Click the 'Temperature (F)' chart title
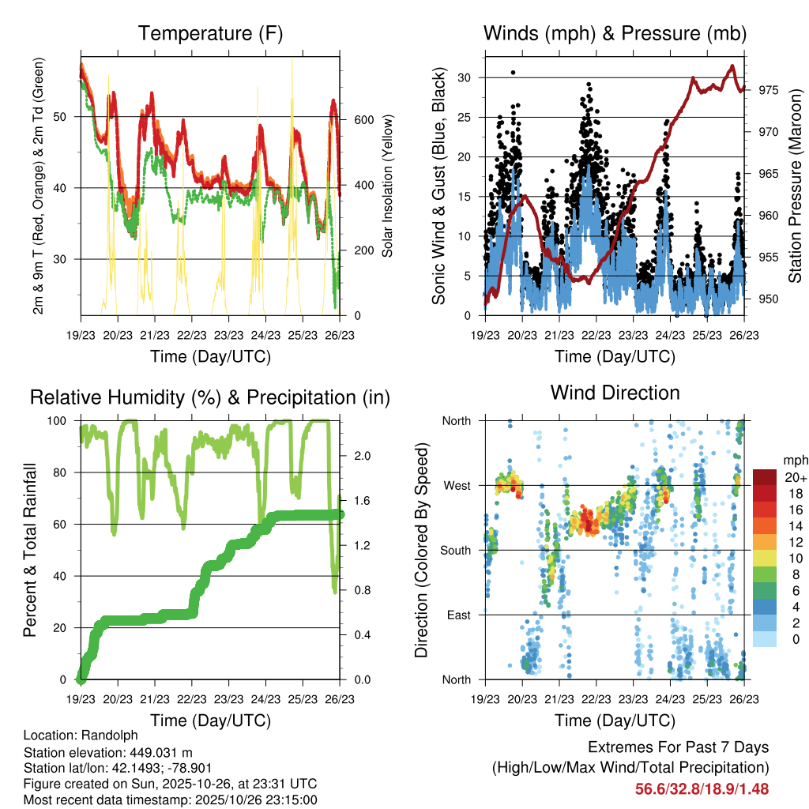pos(210,33)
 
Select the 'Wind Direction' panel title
pos(615,393)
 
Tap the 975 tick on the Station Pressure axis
pos(768,90)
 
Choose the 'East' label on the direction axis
pos(458,615)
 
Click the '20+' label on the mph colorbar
pos(793,477)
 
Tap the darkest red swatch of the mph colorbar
pos(764,477)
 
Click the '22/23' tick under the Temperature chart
pos(192,335)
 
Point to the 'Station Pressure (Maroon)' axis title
pos(796,186)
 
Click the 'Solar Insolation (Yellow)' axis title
pos(388,186)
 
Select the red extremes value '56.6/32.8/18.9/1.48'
pos(702,788)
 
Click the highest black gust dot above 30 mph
pos(513,72)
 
